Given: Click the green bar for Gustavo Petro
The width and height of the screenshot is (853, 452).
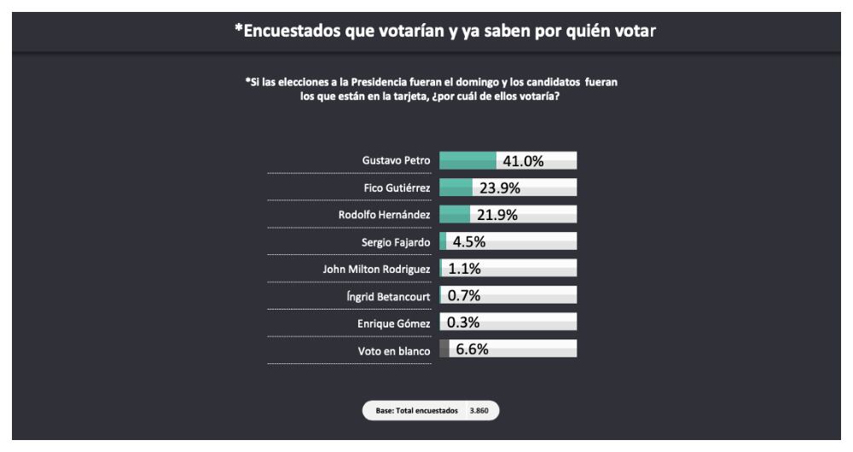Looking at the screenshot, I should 467,160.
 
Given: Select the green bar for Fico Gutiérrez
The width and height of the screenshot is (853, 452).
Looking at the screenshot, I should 456,188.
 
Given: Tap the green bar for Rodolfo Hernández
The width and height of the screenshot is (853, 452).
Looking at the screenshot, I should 454,214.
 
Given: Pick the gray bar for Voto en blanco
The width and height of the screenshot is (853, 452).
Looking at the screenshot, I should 444,349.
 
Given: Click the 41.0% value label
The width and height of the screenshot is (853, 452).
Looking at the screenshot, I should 524,161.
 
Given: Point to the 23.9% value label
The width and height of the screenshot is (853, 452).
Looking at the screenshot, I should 501,188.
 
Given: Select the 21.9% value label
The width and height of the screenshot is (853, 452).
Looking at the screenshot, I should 497,215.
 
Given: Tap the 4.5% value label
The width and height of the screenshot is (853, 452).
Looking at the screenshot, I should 468,241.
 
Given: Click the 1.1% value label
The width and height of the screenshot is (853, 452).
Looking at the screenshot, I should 465,269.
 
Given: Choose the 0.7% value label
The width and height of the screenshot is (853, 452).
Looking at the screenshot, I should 464,296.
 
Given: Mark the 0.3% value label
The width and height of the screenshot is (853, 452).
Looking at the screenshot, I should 464,322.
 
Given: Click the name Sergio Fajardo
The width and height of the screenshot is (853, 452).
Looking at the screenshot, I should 396,242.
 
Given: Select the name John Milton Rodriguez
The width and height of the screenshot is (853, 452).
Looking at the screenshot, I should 371,269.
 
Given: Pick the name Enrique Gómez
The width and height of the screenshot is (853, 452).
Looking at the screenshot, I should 393,323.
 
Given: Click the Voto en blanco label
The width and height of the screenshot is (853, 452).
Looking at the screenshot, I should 393,351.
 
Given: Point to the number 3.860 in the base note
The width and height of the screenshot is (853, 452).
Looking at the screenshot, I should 479,411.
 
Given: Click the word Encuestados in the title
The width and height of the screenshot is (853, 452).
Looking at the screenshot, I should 291,32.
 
